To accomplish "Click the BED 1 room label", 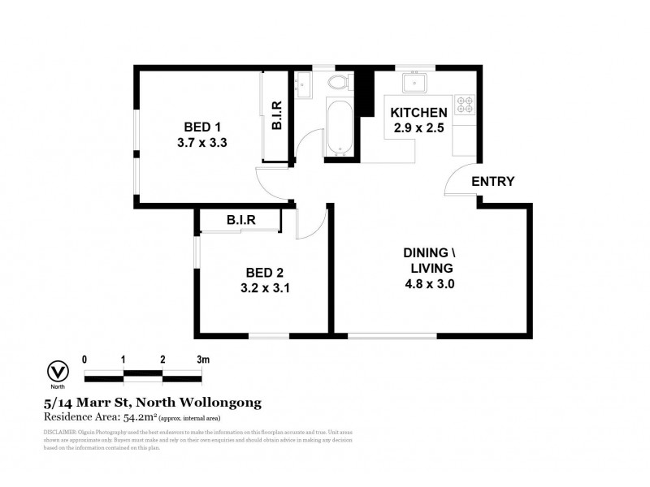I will (202, 127).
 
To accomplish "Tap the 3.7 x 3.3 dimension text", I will (202, 142).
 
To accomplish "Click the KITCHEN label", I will (418, 112).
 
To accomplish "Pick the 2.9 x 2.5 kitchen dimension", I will (418, 127).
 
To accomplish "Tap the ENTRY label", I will (492, 181).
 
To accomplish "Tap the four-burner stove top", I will (465, 105).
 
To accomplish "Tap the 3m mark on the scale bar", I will (202, 358).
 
